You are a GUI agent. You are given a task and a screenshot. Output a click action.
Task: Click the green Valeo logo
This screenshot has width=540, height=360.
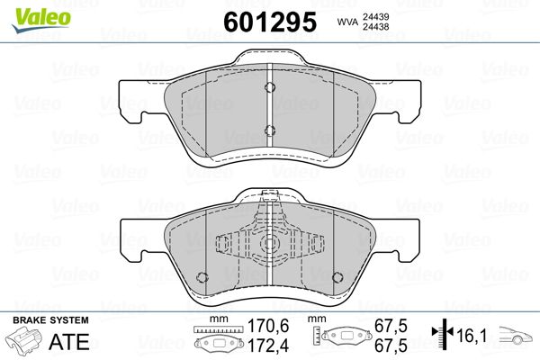pos(41,20)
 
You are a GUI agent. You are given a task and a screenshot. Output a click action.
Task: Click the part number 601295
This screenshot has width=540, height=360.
pos(270,22)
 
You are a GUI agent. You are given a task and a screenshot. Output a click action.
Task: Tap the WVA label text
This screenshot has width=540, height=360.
pos(347,22)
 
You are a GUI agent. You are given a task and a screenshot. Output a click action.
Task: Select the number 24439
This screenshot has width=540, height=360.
pos(375,17)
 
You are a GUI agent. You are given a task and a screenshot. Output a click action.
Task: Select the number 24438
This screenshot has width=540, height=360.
pos(375,27)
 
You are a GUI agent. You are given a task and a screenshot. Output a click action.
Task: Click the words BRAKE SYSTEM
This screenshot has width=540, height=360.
pos(50,320)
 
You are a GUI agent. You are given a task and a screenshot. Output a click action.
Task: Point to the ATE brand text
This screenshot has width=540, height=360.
pos(69,342)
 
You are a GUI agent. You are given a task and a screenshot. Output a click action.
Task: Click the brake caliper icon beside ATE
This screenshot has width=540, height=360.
pos(23,341)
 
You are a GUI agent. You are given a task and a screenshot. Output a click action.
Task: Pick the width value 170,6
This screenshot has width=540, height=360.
pos(268,326)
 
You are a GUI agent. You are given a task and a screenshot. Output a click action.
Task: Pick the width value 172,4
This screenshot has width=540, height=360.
pos(268,346)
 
